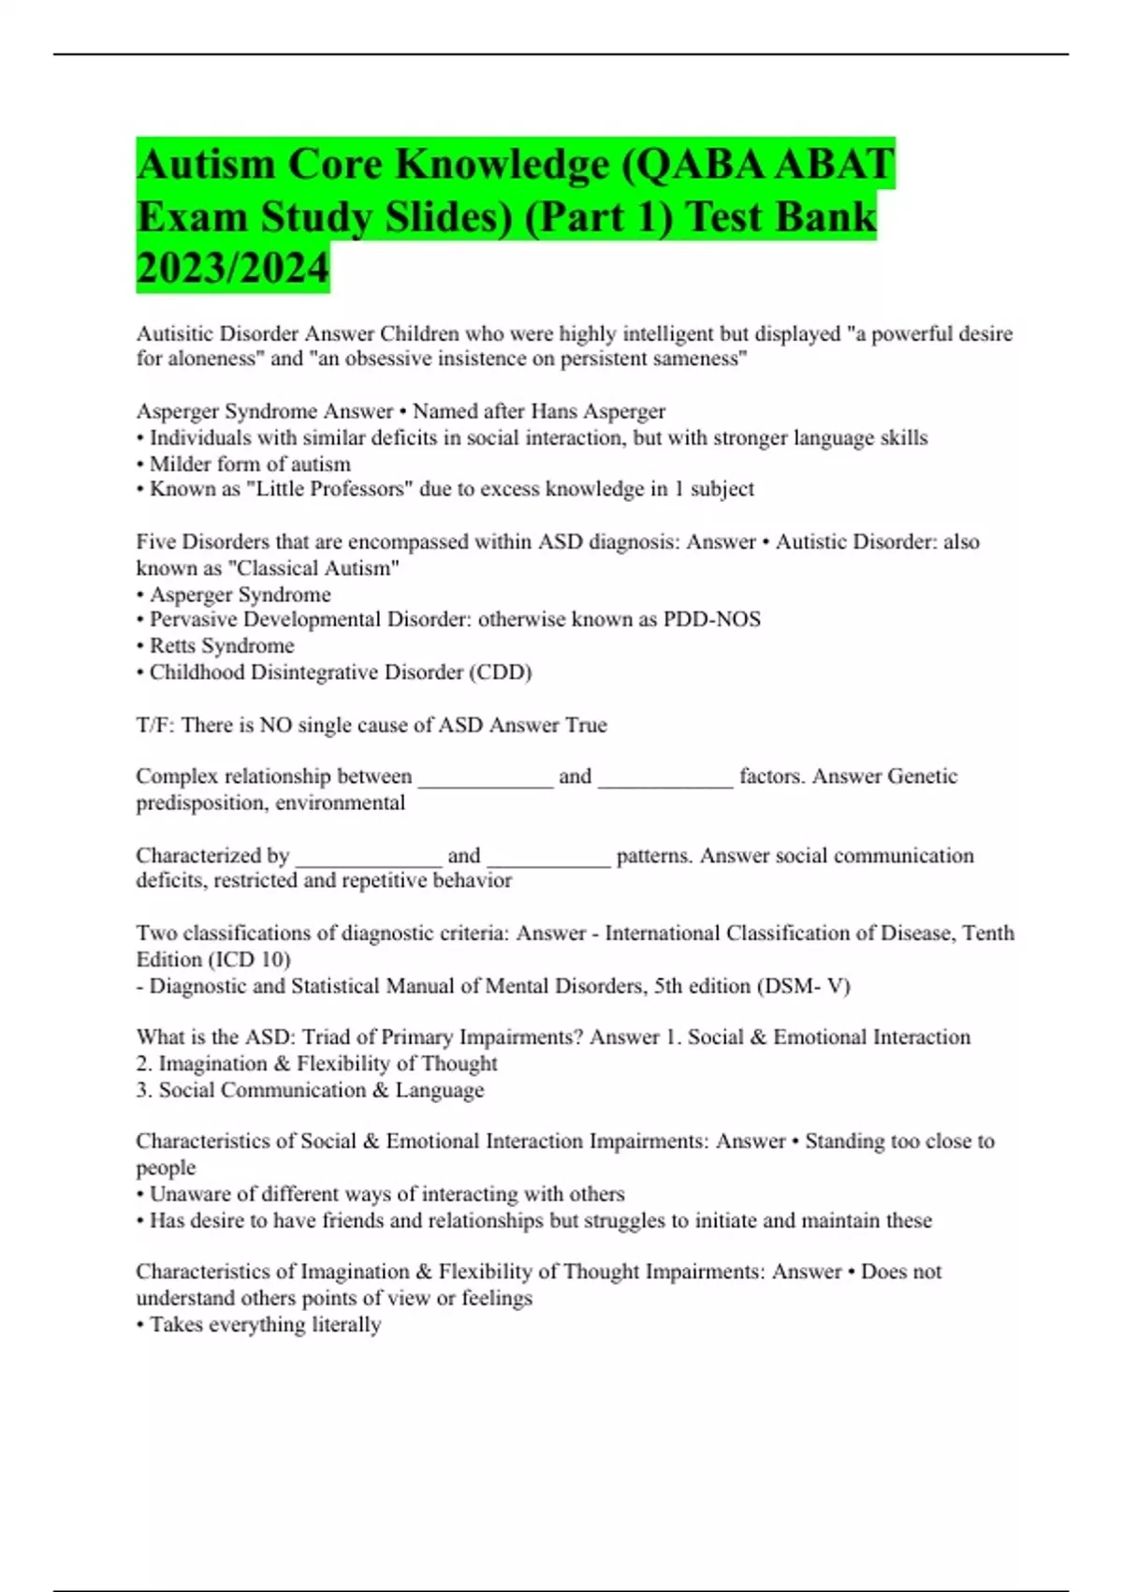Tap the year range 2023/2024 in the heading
[233, 268]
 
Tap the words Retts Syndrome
[222, 645]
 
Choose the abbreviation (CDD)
[501, 671]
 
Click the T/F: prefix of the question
[155, 725]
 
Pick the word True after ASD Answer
[586, 725]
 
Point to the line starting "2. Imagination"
[316, 1063]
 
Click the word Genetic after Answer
[922, 776]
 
